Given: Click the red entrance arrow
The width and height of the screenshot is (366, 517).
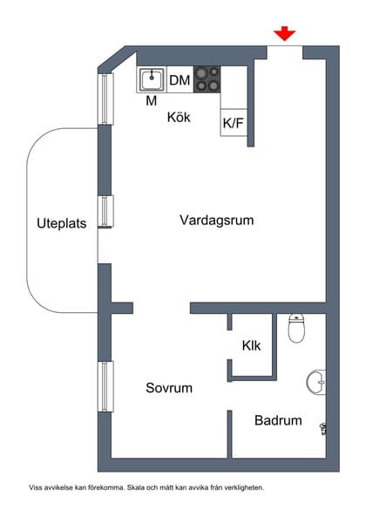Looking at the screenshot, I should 284,34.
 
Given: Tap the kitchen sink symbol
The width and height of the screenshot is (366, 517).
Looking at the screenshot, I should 152,80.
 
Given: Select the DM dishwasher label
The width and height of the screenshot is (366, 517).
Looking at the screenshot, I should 180,81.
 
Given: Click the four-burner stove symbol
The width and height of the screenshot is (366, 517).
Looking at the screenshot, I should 207,80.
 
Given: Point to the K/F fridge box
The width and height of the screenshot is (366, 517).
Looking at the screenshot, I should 234,123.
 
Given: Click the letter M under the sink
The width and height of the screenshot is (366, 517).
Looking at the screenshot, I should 152,101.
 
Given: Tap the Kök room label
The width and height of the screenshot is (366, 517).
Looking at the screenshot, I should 179,117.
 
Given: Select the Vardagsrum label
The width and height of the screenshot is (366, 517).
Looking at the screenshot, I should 216,220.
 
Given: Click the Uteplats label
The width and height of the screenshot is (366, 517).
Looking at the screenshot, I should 61,222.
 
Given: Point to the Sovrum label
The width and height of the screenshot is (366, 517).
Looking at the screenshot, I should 169,388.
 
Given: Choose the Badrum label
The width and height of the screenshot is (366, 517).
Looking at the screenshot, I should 278,420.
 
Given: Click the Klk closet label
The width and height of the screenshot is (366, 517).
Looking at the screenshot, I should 252,346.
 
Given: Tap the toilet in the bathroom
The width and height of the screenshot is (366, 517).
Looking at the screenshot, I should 297,330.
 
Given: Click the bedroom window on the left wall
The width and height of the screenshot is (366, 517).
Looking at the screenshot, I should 105,385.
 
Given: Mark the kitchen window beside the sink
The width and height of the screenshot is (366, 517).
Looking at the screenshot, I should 105,99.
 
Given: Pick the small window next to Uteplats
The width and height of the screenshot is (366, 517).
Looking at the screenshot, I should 105,211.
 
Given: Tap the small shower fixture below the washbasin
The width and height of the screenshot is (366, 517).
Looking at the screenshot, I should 323,427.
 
